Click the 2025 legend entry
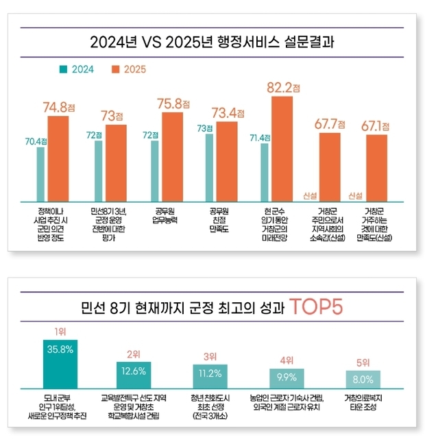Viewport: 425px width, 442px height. pyautogui.click(x=130, y=69)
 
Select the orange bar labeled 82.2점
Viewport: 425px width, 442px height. pyautogui.click(x=282, y=147)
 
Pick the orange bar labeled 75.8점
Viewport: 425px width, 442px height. pyautogui.click(x=172, y=155)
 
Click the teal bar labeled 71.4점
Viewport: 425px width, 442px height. pyautogui.click(x=265, y=171)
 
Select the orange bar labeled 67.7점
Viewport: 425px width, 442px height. pyautogui.click(x=329, y=165)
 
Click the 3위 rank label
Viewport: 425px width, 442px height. pyautogui.click(x=211, y=356)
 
